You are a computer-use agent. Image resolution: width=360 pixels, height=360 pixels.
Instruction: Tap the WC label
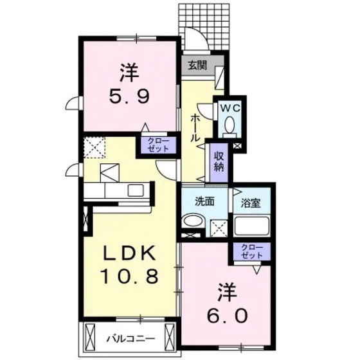point(230,109)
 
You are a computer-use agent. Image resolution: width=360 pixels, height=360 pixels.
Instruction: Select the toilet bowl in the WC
point(230,127)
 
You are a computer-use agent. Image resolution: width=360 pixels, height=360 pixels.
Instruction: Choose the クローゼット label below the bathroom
point(253,251)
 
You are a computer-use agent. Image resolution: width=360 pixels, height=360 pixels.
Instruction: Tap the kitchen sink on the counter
point(137,190)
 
